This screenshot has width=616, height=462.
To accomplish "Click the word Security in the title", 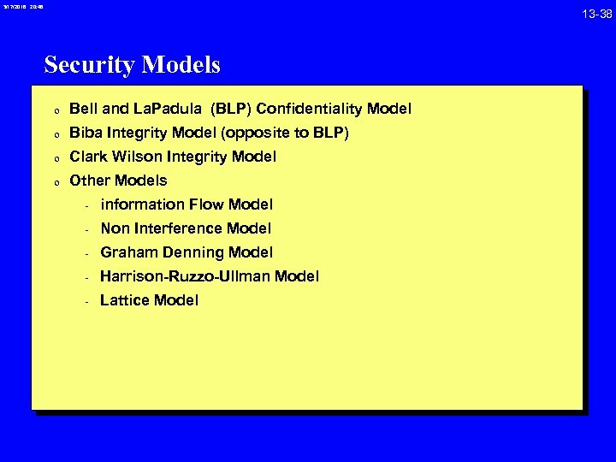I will coord(84,65).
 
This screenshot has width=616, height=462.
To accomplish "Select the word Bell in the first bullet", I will coord(83,109).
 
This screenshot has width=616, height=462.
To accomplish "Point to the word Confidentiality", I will coord(309,109).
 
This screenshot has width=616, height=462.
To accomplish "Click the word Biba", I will coord(85,133).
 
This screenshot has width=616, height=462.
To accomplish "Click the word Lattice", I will coord(123,300).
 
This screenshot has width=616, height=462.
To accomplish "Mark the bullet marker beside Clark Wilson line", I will coord(55,158).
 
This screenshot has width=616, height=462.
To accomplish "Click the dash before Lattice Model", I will coord(87,301).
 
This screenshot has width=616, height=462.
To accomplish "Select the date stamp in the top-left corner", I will coord(21,7).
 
